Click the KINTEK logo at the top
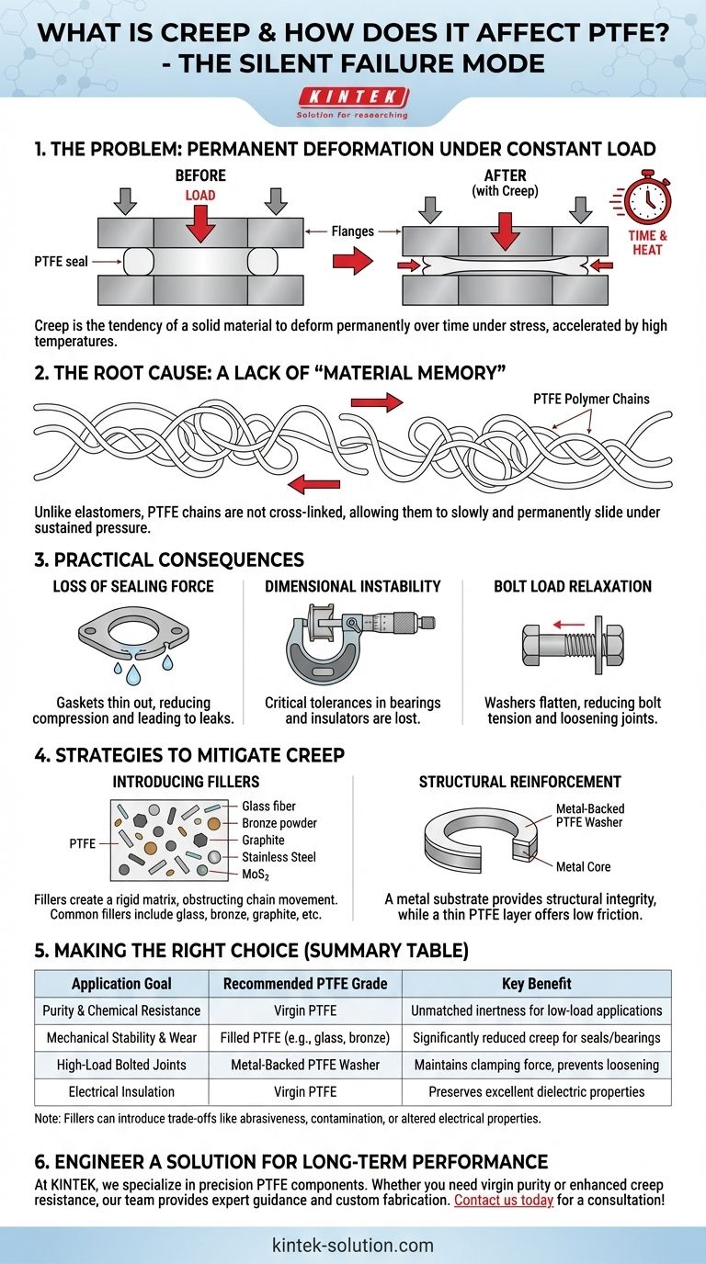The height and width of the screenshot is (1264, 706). (352, 103)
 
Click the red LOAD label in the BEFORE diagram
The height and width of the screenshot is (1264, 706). (200, 196)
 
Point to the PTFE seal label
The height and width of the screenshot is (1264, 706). (61, 261)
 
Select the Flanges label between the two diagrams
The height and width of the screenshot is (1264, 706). (352, 231)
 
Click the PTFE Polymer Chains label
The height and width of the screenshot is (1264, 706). (591, 399)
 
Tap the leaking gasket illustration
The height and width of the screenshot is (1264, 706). (134, 645)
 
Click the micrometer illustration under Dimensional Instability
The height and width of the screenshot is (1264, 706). (360, 641)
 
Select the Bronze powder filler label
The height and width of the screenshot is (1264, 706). (279, 823)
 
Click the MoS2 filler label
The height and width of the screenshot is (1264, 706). (256, 875)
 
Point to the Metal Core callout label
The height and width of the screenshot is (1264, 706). (583, 866)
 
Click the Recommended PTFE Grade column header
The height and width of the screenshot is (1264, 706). (305, 984)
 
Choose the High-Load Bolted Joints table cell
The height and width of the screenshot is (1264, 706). (121, 1065)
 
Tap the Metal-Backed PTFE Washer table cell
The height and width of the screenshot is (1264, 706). (305, 1065)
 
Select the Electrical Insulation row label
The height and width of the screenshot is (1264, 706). (121, 1092)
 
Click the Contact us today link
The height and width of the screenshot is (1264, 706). (504, 1200)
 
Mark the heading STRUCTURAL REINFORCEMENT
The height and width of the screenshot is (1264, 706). (519, 782)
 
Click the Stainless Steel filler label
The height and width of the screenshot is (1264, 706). (279, 856)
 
